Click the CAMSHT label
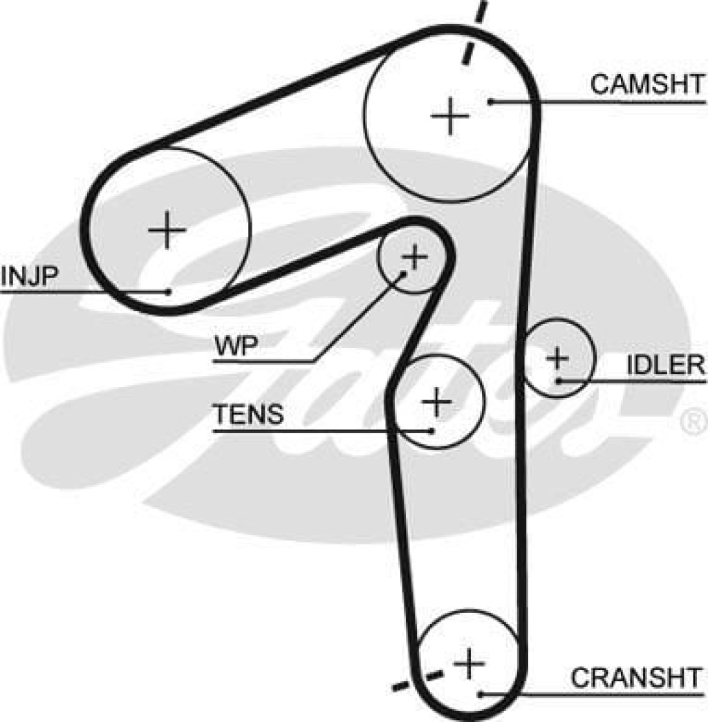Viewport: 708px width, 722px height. coord(646,84)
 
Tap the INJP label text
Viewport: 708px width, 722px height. coord(28,275)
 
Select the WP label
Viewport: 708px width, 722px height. coord(236,345)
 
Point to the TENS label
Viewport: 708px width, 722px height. coord(248,415)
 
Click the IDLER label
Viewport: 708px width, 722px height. coord(665,365)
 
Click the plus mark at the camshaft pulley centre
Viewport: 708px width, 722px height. coord(450,115)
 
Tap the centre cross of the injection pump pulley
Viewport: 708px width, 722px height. coord(167,229)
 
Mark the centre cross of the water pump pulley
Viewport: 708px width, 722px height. coord(415,258)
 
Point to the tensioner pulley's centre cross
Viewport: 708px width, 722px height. coord(436,402)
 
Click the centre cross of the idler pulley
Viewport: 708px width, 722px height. coord(557,358)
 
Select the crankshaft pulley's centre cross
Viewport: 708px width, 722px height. coord(469,665)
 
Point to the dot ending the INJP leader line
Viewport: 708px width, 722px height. coord(168,291)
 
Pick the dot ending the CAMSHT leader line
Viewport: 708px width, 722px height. coord(490,102)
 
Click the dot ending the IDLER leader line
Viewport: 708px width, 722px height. coord(557,380)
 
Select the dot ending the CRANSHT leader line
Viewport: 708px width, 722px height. coord(479,693)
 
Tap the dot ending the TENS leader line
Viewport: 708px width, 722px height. coord(431,430)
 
